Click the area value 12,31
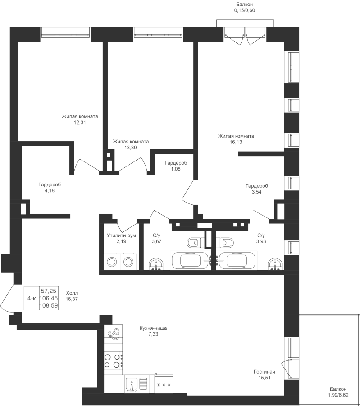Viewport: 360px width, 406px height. [x=80, y=122]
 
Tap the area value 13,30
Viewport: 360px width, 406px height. [x=131, y=148]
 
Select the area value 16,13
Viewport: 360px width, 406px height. [x=236, y=142]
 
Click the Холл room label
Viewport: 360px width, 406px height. [x=72, y=293]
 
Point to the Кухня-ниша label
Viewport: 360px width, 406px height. [x=153, y=328]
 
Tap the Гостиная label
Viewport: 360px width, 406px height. [x=264, y=372]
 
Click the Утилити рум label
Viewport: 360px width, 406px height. [x=121, y=235]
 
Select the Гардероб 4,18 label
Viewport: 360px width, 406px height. [x=50, y=188]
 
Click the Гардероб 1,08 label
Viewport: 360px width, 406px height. [x=176, y=166]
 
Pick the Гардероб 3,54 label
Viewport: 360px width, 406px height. [x=257, y=189]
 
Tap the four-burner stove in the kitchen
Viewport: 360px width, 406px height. [x=113, y=361]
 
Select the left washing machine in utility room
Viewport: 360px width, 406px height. [x=112, y=262]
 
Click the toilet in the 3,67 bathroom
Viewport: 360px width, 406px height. [x=193, y=243]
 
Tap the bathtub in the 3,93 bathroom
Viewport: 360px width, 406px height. [x=237, y=260]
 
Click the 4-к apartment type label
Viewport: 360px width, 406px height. [x=32, y=298]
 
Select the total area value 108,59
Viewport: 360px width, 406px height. [x=49, y=306]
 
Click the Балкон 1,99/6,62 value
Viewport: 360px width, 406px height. [x=338, y=395]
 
